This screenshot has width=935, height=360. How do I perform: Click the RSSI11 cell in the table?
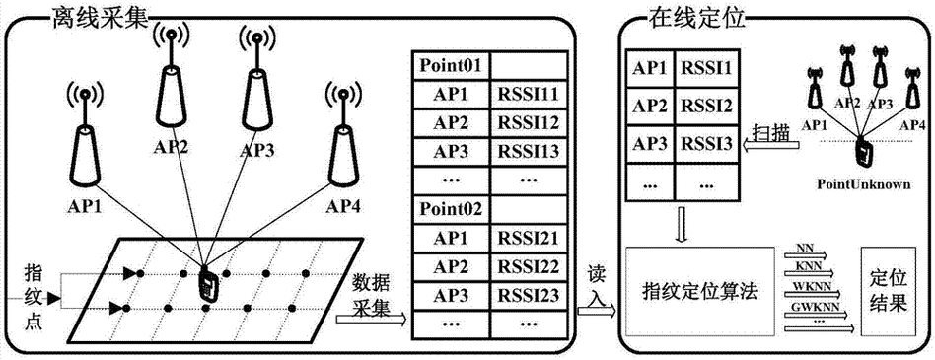[531, 97]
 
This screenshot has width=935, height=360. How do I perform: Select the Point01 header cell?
[451, 68]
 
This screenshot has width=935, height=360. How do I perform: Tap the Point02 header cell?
[451, 209]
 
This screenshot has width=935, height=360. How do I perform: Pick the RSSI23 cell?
[531, 293]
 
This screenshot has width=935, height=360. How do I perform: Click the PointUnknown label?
[863, 183]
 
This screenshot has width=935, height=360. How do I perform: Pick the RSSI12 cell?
[531, 124]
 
